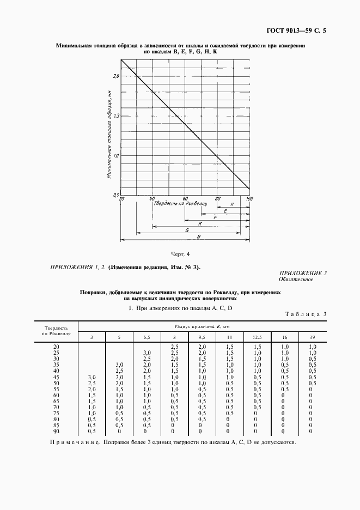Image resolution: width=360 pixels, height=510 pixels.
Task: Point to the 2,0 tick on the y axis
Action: click(116, 76)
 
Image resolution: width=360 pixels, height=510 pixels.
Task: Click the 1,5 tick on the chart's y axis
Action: click(116, 116)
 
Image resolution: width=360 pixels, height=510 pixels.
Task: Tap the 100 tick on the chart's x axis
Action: click(249, 199)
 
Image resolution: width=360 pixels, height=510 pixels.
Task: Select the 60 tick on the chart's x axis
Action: click(185, 199)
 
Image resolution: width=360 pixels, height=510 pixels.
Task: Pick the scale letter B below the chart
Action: click(199, 236)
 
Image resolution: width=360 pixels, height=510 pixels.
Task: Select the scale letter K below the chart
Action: click(201, 223)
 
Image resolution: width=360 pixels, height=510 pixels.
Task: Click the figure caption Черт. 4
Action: click(180, 254)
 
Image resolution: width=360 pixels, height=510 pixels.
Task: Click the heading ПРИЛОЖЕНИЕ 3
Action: click(303, 273)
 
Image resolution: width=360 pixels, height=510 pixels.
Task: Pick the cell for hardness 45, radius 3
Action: click(91, 378)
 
